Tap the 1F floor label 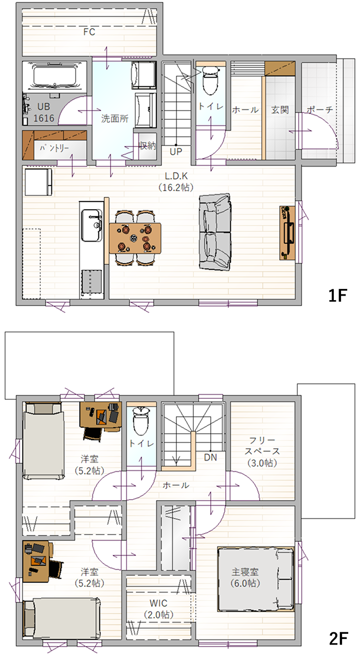(337, 296)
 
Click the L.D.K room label (176, 176)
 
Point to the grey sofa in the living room (214, 232)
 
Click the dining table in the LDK (135, 238)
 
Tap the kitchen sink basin (92, 225)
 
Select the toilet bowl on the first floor (210, 80)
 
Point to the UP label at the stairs (176, 152)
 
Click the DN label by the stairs (210, 457)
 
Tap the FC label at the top (89, 31)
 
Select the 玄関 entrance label (280, 110)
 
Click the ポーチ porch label (320, 110)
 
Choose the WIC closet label (158, 603)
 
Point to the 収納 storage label (148, 145)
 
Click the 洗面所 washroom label (115, 118)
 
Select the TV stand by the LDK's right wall (287, 233)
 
